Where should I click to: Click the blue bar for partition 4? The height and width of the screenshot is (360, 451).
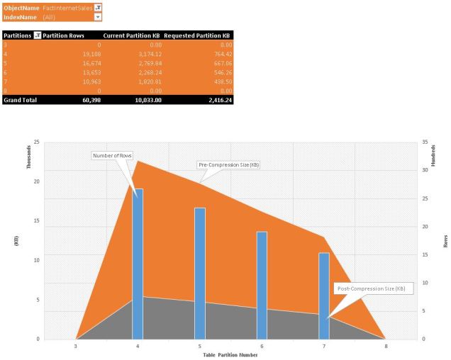(139, 262)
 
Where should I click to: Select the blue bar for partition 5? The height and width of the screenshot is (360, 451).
(200, 273)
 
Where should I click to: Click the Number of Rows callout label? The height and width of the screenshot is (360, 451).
(111, 155)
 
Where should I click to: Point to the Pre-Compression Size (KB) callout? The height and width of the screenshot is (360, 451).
(228, 164)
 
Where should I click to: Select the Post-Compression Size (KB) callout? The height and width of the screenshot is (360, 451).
(371, 288)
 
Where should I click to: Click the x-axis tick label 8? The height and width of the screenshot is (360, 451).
(385, 347)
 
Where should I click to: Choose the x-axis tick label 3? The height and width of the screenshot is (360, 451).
(76, 347)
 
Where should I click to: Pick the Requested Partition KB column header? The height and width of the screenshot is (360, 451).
(197, 34)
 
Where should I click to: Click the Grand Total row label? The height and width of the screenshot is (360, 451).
(21, 100)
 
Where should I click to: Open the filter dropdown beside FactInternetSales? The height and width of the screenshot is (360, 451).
(97, 6)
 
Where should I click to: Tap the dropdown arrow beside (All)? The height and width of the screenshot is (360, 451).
(97, 16)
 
